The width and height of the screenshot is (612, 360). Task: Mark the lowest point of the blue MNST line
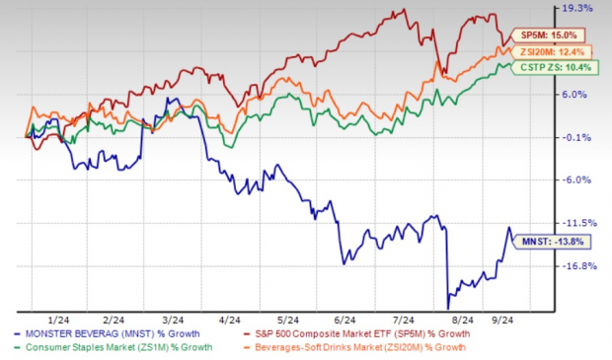tap(448, 308)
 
